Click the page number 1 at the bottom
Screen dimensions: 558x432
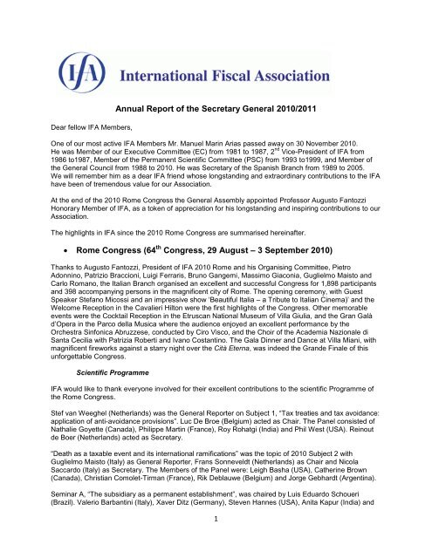(x=216, y=547)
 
